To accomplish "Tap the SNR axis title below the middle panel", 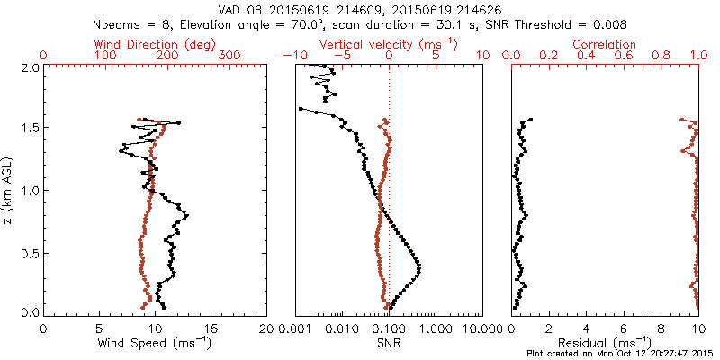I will point(389,342).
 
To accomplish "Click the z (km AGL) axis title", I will point(8,190).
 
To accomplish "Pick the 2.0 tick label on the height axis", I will point(28,67).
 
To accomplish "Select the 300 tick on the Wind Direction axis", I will point(230,56).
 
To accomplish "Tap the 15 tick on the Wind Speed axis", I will point(211,327).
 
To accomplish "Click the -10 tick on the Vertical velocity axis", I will point(292,56).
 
